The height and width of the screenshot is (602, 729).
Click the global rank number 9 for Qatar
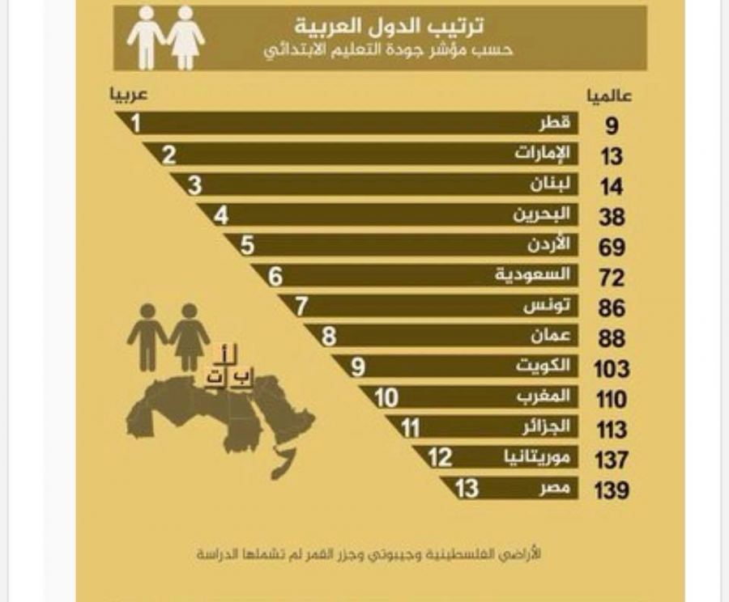[612, 126]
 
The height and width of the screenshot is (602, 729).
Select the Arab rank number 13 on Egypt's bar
[467, 489]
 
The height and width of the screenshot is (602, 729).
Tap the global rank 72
[612, 278]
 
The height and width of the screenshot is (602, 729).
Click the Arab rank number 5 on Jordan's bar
[247, 244]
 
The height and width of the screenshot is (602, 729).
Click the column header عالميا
[609, 95]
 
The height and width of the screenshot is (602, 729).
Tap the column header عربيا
[130, 94]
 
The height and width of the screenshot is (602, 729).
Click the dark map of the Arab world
[219, 417]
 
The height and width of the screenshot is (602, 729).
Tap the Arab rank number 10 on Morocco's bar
[386, 397]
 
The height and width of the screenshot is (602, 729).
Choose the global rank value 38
[612, 217]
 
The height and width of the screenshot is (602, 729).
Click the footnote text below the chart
[369, 557]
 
